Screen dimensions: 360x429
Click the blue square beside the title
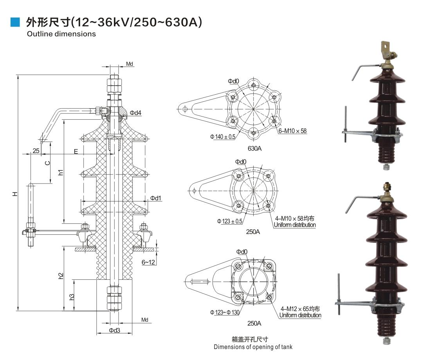tap(15, 22)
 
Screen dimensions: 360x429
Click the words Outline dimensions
tap(61, 34)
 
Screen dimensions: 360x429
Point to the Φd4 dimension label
tap(135, 113)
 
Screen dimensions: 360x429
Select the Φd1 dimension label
tap(156, 198)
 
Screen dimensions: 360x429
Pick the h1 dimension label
tap(61, 172)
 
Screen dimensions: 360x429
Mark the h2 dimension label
tap(61, 275)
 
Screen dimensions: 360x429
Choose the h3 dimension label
tap(72, 297)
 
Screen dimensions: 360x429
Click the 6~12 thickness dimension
tap(148, 262)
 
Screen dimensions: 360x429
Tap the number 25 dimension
tap(36, 151)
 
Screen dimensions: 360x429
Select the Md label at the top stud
tap(129, 64)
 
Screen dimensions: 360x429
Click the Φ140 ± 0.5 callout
tap(223, 137)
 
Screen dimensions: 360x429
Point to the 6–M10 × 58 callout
tap(292, 131)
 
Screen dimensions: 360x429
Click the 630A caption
tap(254, 148)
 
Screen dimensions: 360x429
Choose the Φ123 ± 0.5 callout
tap(230, 221)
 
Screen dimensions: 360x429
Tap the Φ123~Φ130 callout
tap(225, 312)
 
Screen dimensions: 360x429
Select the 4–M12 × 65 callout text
tap(300, 309)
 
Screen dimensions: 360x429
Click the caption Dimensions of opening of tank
tap(253, 347)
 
